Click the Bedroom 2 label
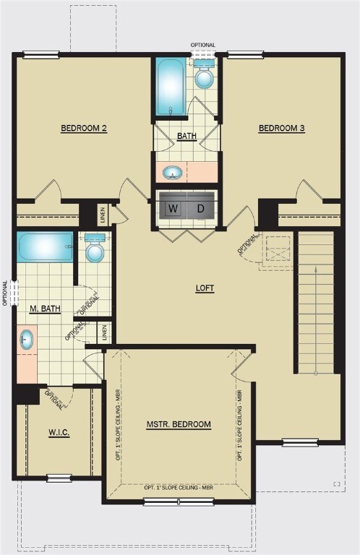(84, 128)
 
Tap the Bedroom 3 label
(282, 128)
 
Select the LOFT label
(205, 288)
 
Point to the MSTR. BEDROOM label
(179, 424)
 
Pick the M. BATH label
(45, 309)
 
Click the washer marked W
(173, 208)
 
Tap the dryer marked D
(201, 208)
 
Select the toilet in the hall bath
(205, 74)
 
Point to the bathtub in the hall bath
(171, 87)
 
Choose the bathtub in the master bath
(45, 246)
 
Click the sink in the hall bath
(172, 173)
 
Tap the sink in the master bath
(26, 340)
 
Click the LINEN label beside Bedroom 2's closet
(103, 215)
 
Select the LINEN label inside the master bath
(104, 332)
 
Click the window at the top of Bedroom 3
(245, 54)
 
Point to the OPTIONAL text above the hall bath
(203, 45)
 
